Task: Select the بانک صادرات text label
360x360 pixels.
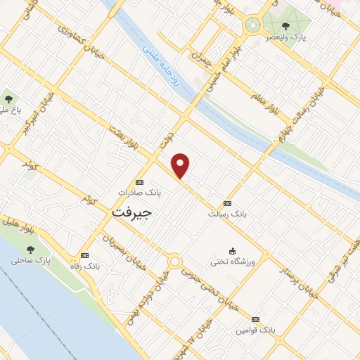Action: coord(139,191)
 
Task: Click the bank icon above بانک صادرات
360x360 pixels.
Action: coord(139,181)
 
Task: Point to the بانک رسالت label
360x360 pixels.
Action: coord(226,213)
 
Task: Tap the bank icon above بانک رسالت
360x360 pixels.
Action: coord(226,202)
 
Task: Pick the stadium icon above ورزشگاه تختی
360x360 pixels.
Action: coord(232,251)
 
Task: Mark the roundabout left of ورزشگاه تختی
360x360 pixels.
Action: coord(174,262)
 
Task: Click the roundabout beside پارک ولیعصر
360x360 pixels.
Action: coord(252,26)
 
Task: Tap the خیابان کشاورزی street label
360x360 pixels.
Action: coord(82,39)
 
